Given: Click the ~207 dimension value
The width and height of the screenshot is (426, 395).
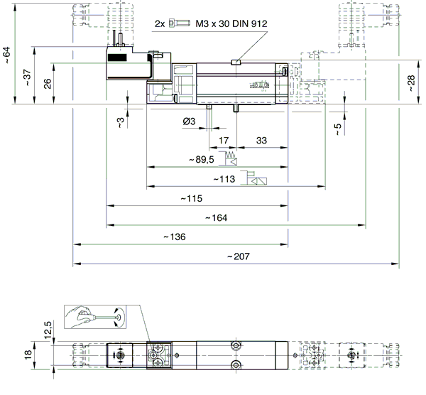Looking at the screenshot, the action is [x=239, y=256].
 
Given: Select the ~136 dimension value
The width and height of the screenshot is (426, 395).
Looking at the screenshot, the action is [x=175, y=237].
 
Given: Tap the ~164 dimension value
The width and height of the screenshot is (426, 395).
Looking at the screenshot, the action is [x=217, y=218].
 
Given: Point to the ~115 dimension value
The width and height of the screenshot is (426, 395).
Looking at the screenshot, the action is [x=192, y=198].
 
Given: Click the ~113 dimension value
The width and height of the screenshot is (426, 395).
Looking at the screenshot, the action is [x=224, y=179].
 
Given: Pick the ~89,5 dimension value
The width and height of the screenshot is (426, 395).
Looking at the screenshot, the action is [x=202, y=160].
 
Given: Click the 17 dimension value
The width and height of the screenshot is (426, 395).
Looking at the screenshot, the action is [x=224, y=141].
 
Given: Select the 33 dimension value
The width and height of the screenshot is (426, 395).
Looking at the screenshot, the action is [x=261, y=141].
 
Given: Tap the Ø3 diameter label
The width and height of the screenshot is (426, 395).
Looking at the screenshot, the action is [x=189, y=121].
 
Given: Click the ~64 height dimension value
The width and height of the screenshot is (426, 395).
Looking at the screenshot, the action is [x=6, y=55].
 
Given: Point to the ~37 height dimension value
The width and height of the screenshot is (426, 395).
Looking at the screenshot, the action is [x=27, y=78].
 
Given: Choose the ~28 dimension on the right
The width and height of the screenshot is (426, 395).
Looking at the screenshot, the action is [x=411, y=83].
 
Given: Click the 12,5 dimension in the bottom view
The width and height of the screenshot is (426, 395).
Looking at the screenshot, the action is [x=48, y=330].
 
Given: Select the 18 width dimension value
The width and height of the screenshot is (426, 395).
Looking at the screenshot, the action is [x=28, y=355].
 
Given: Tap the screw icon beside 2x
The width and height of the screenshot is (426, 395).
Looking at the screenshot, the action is [x=179, y=23].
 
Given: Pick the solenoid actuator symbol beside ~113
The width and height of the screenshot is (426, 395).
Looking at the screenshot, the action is [x=253, y=178].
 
